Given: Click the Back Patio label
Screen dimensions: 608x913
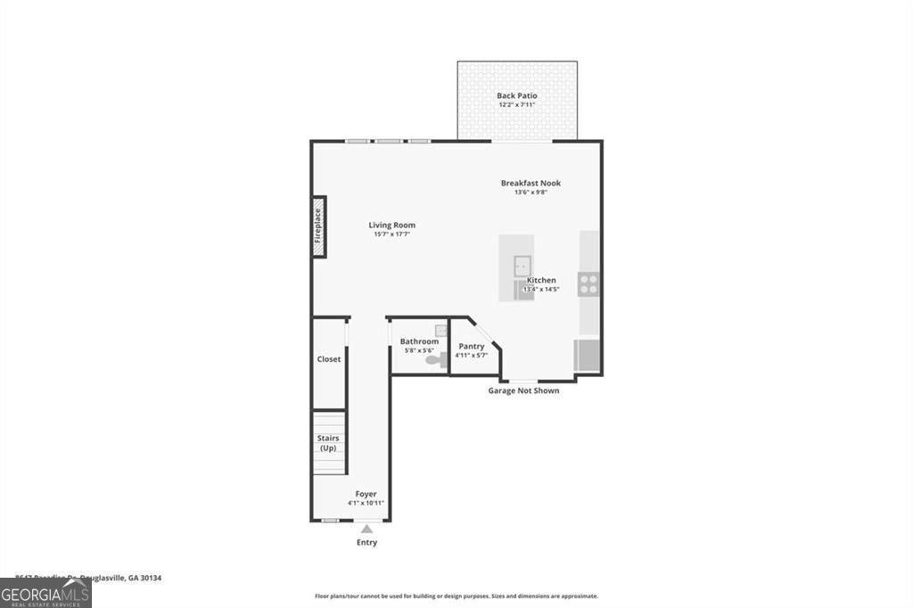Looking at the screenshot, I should [517, 95].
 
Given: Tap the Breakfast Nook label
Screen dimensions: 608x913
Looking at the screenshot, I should [531, 183].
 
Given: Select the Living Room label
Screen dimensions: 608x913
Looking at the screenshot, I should [392, 225].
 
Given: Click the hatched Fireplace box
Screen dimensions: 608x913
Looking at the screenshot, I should [317, 226].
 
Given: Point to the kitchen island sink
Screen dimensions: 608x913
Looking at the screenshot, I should [521, 265].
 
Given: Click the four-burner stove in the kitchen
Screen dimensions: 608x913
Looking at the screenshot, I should [588, 284].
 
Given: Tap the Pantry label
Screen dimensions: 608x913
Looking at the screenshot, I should [472, 346].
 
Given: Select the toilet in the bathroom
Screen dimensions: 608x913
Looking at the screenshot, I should [433, 361].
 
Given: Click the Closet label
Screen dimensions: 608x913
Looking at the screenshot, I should [329, 359].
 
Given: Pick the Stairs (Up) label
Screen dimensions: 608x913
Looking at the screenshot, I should [328, 442].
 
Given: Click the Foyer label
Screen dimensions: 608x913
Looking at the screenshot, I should [366, 494].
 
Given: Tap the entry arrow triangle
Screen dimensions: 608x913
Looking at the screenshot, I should [366, 530].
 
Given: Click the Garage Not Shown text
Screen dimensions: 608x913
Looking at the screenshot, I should [523, 390].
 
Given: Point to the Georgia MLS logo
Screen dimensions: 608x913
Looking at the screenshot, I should [45, 594].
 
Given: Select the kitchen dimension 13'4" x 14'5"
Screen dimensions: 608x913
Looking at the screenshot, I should [540, 289].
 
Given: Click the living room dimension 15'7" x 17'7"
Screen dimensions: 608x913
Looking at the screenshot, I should [392, 234].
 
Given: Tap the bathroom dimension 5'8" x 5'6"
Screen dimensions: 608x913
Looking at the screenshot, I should [419, 350].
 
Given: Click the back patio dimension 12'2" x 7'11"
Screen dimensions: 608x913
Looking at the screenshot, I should [517, 105].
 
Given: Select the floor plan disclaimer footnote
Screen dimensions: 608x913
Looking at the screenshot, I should [456, 596].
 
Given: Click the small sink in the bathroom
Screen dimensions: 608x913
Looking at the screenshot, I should [440, 331].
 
